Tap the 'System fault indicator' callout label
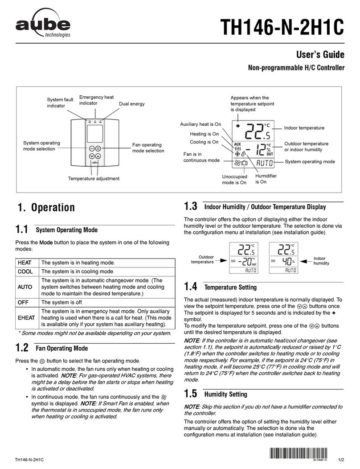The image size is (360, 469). [x=60, y=103]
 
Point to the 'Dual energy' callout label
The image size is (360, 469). [x=131, y=104]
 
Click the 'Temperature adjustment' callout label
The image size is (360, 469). [x=94, y=178]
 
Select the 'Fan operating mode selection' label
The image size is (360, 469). [x=148, y=148]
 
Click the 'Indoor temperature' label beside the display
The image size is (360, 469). [x=304, y=128]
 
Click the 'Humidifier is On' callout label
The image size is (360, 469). [x=266, y=179]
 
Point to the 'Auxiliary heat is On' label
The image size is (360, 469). [x=200, y=124]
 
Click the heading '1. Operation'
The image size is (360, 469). [x=45, y=207]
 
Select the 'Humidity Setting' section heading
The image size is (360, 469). [x=225, y=395]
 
